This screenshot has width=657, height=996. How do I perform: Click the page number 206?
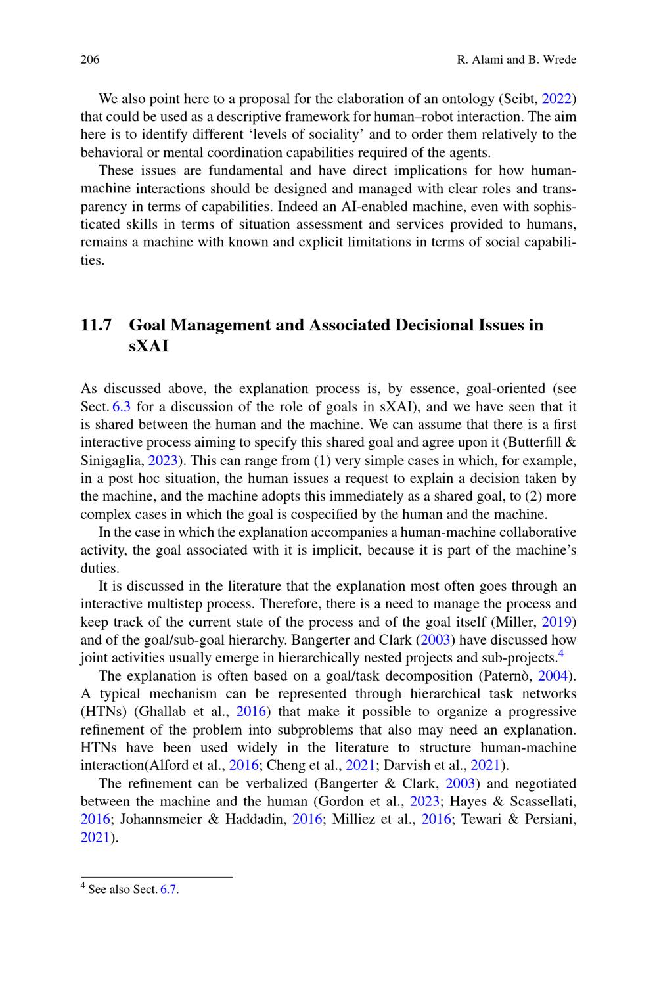point(89,60)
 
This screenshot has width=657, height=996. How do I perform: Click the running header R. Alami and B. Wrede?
point(516,60)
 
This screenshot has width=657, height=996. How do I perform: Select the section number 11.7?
point(96,325)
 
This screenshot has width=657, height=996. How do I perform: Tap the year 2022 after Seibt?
point(558,99)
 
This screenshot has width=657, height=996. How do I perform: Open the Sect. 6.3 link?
point(122,406)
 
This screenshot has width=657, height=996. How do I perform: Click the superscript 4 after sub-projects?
point(560,654)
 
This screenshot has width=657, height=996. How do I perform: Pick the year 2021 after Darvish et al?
point(486,765)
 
